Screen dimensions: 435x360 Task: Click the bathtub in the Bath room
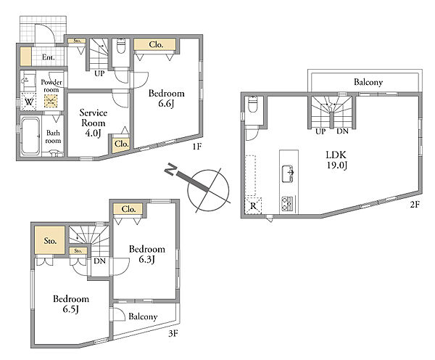click(30, 136)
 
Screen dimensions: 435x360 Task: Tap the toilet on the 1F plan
click(121, 46)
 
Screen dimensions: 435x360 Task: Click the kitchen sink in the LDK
click(288, 173)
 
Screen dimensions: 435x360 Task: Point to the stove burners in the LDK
click(287, 202)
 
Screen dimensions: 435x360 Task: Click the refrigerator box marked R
click(253, 205)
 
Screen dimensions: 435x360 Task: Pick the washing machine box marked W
click(28, 102)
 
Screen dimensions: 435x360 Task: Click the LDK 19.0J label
click(336, 160)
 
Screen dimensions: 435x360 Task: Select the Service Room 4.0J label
click(94, 123)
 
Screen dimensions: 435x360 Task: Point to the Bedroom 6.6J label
click(167, 98)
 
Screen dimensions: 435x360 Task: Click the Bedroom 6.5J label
click(71, 303)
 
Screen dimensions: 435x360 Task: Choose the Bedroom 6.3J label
click(147, 254)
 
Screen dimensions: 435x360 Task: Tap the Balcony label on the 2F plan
click(368, 82)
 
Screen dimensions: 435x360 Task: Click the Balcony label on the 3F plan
click(143, 316)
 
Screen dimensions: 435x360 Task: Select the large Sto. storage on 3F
click(50, 240)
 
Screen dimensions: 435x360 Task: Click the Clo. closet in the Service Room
click(122, 144)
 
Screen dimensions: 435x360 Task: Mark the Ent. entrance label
click(49, 57)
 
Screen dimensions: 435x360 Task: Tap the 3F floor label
click(173, 334)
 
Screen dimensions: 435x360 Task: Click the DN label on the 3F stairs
click(99, 261)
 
